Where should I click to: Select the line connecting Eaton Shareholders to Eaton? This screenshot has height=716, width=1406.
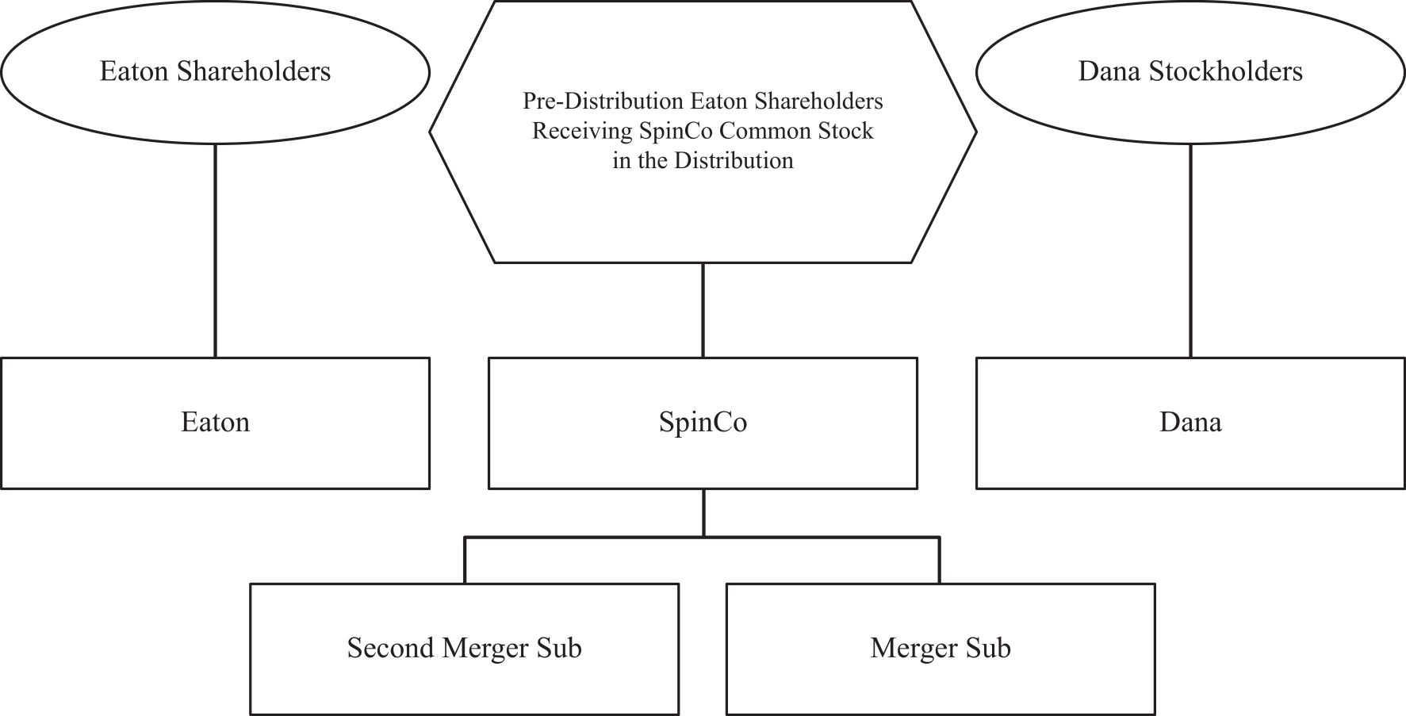coord(215,251)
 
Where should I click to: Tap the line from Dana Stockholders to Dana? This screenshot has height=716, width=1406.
coord(1190,251)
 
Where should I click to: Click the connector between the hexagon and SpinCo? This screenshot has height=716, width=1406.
coord(703,310)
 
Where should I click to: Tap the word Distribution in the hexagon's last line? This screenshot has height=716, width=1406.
coord(734,161)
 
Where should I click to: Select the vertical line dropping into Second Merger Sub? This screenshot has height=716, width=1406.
coord(465,561)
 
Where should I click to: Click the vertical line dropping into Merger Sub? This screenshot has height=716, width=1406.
coord(940,561)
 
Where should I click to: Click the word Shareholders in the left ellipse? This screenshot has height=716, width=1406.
coord(253,71)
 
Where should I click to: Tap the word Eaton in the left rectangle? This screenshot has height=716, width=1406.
coord(215,422)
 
